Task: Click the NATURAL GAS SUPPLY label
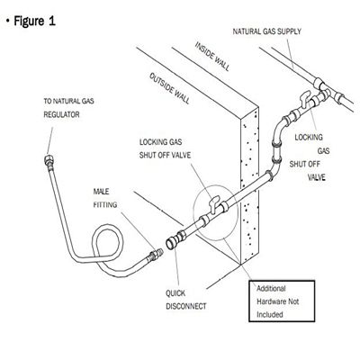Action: click(x=267, y=31)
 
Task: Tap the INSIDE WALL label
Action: click(x=212, y=57)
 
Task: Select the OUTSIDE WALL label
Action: click(x=170, y=88)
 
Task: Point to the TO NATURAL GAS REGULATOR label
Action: click(x=68, y=108)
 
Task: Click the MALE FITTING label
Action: click(x=105, y=198)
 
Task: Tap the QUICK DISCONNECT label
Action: click(x=186, y=300)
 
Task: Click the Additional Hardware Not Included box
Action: click(x=282, y=301)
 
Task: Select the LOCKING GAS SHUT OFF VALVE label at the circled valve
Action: click(x=165, y=148)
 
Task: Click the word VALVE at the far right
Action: click(x=317, y=177)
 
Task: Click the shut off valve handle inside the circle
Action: click(x=214, y=203)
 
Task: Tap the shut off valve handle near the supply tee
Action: click(x=305, y=99)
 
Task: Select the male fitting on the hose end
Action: click(x=155, y=255)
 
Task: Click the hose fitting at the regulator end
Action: click(x=49, y=161)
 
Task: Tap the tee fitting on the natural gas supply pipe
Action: click(x=325, y=90)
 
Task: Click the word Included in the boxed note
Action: click(x=270, y=314)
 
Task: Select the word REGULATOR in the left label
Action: click(x=61, y=114)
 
